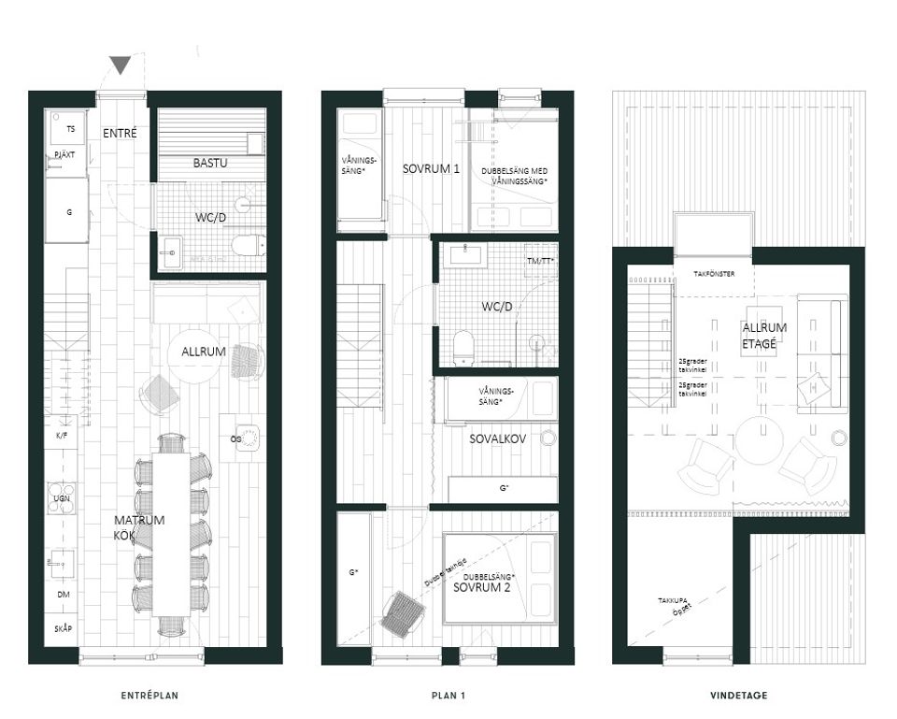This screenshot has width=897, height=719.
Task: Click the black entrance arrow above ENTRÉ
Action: click(x=120, y=65)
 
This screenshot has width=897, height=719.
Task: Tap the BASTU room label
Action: click(x=210, y=163)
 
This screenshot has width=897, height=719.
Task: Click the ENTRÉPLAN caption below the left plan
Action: click(x=149, y=696)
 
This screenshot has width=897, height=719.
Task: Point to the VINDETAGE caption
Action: click(x=738, y=696)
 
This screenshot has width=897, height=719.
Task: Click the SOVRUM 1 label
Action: click(x=431, y=169)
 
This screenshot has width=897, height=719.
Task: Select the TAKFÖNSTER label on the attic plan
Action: click(x=713, y=275)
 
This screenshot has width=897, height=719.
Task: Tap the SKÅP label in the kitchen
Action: click(x=62, y=629)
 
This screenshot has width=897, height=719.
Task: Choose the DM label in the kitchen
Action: click(x=62, y=594)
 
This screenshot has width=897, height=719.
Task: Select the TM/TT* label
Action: click(x=540, y=261)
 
